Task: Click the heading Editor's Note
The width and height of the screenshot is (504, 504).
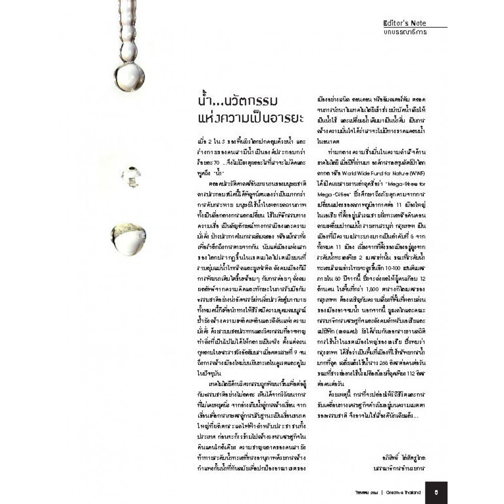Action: coord(405,23)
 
